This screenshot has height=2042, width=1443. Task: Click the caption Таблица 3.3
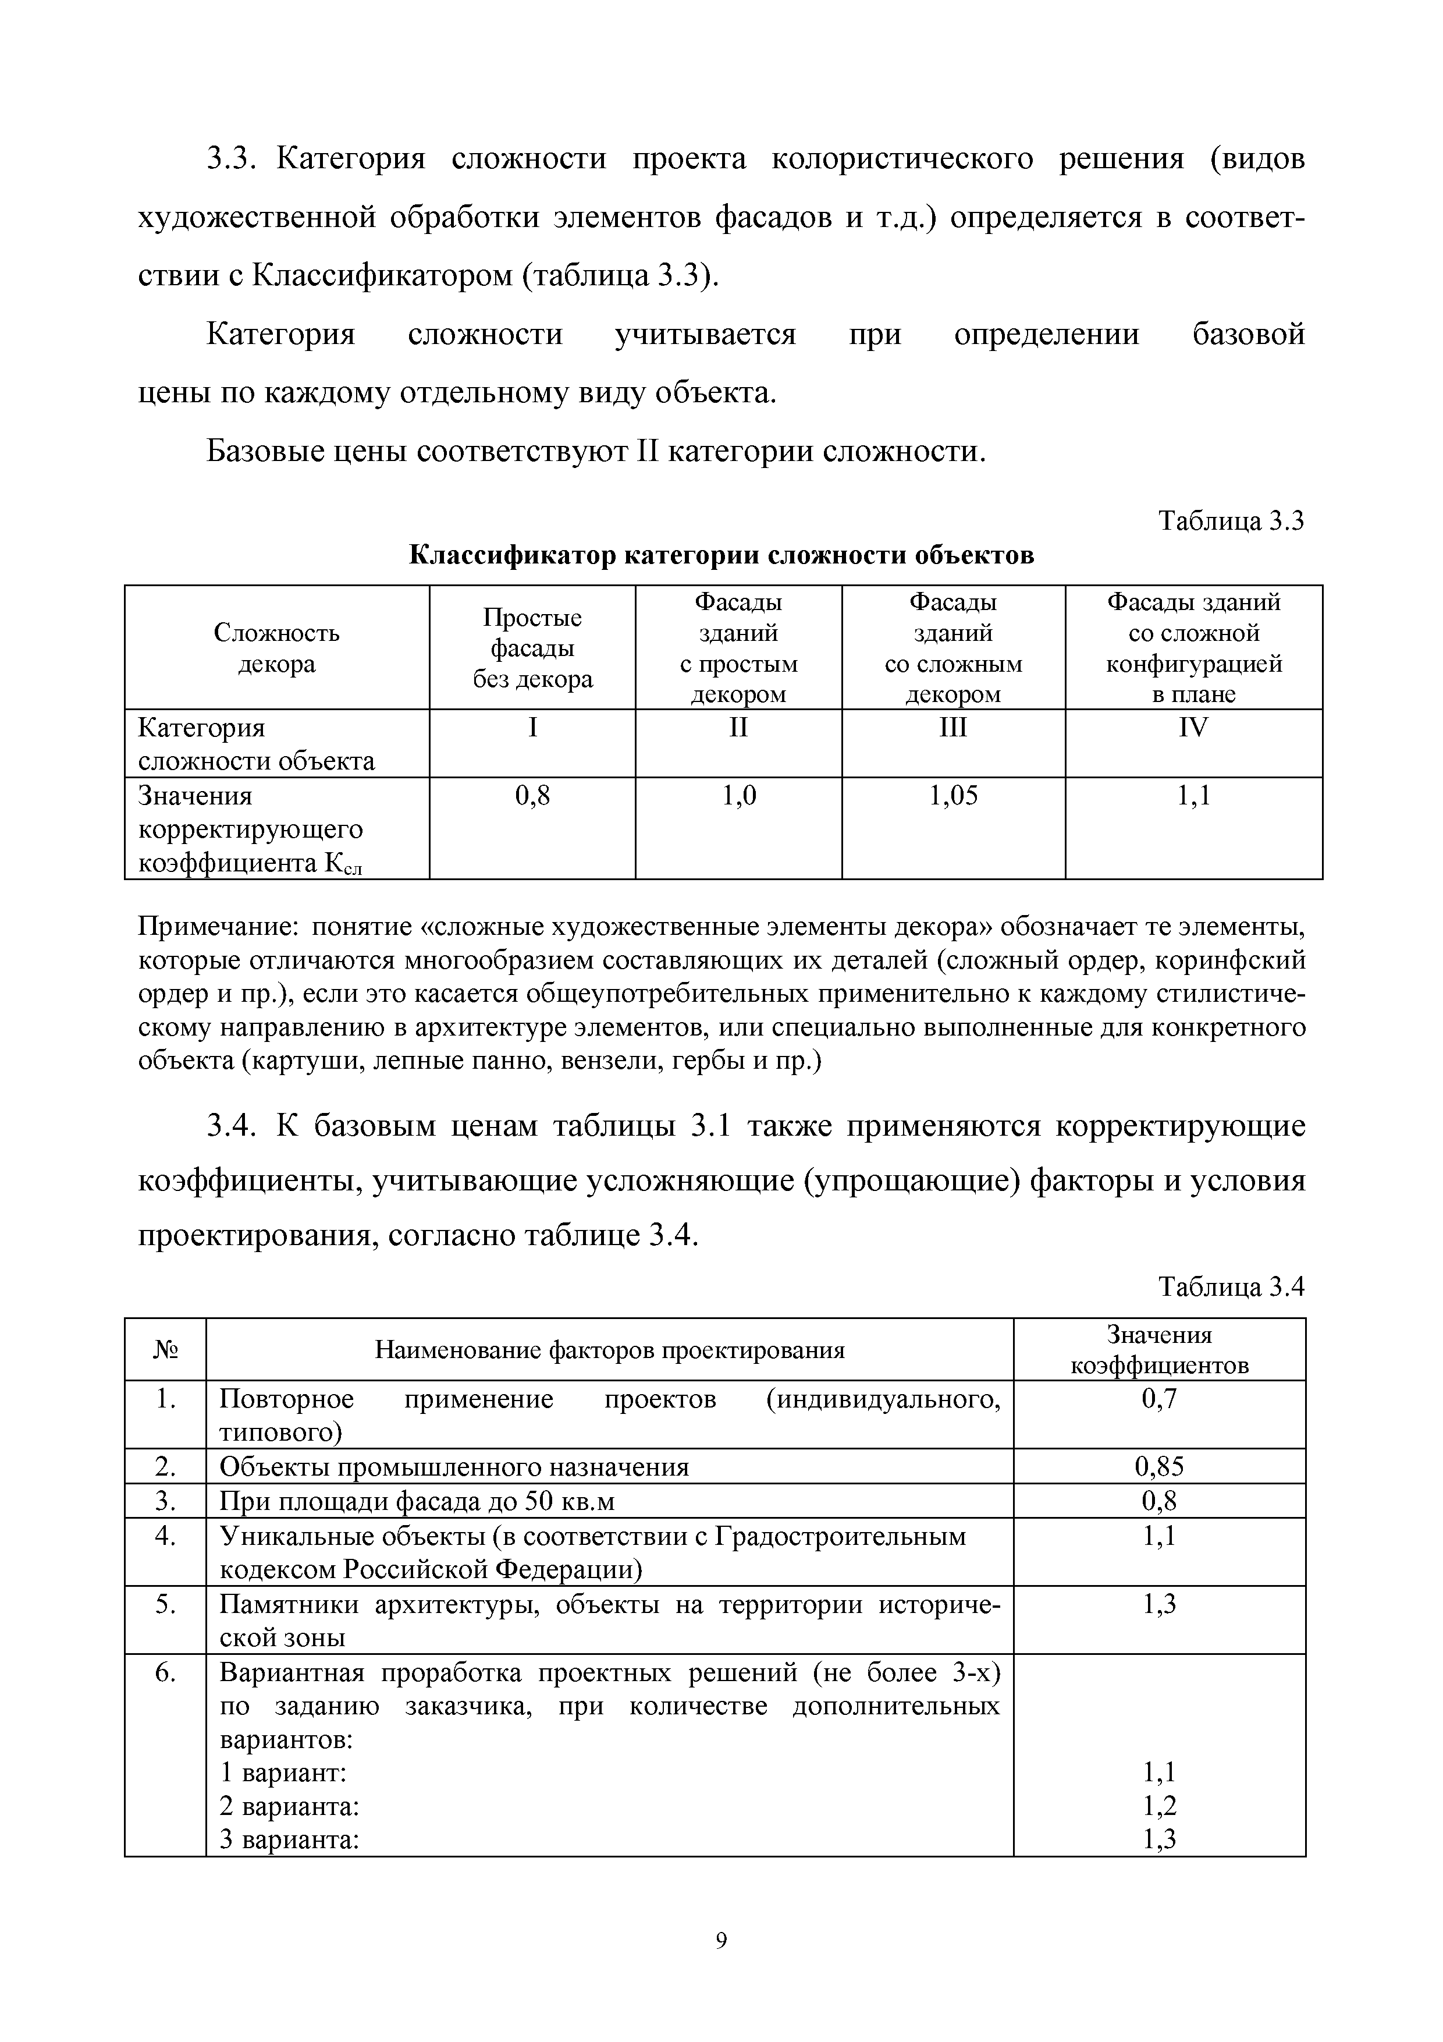pos(1231,521)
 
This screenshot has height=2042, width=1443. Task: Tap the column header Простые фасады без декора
pos(532,648)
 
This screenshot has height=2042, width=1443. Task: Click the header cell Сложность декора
pos(276,648)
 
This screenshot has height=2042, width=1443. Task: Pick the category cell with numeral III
pos(952,728)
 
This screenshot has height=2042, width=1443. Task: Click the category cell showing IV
pos(1193,728)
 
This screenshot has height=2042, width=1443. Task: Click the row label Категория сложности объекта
pos(256,745)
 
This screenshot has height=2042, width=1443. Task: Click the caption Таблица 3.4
pos(1231,1287)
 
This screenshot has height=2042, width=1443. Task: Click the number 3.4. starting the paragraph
pos(230,1127)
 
